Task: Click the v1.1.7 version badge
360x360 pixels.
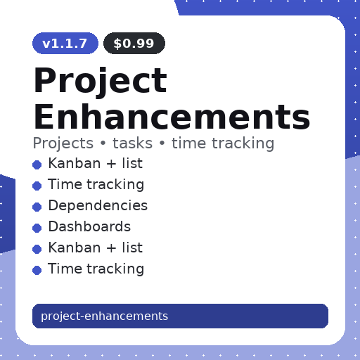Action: coord(65,44)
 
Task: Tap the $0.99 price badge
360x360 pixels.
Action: coord(134,44)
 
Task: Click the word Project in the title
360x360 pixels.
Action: coord(100,81)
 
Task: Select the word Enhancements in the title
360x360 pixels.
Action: coord(172,117)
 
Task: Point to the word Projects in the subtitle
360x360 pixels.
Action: coord(63,143)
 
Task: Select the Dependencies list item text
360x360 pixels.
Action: coord(98,206)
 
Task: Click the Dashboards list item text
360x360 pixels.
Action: coord(89,227)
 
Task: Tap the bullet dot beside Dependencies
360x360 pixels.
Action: coord(37,207)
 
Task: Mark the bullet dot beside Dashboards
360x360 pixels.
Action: coord(37,228)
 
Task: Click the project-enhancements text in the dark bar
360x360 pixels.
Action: coord(104,316)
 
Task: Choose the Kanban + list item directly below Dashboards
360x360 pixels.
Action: coord(95,248)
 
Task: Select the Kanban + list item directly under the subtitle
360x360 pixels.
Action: coord(95,164)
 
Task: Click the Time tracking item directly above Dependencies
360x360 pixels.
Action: coord(96,185)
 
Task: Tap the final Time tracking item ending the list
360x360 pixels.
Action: coord(96,269)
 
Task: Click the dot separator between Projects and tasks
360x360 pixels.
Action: coord(103,144)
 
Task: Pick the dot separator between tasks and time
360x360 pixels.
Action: coord(162,144)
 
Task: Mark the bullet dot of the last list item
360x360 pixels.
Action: coord(37,270)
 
